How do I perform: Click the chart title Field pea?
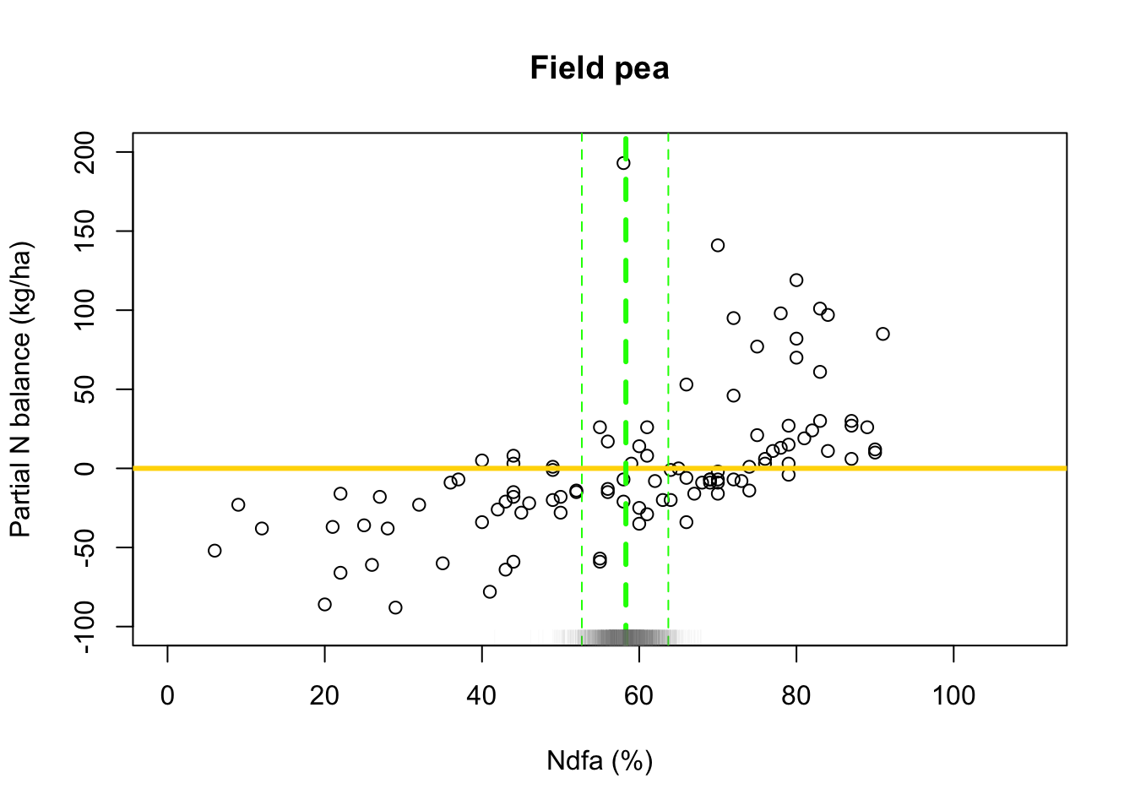600,68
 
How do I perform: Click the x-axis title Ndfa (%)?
600,760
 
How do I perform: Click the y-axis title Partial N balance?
22,389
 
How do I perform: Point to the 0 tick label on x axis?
167,696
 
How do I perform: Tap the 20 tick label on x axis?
324,696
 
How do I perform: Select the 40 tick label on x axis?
481,696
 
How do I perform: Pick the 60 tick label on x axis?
638,696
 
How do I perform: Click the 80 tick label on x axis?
796,696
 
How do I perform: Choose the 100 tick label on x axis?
953,696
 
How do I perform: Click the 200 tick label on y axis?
86,152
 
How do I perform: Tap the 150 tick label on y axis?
86,231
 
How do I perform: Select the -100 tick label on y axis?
86,626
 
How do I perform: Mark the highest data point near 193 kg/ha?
623,163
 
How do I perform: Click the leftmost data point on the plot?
215,551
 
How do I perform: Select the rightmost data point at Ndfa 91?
882,334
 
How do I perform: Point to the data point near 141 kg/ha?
718,246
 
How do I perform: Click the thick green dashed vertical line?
626,338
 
